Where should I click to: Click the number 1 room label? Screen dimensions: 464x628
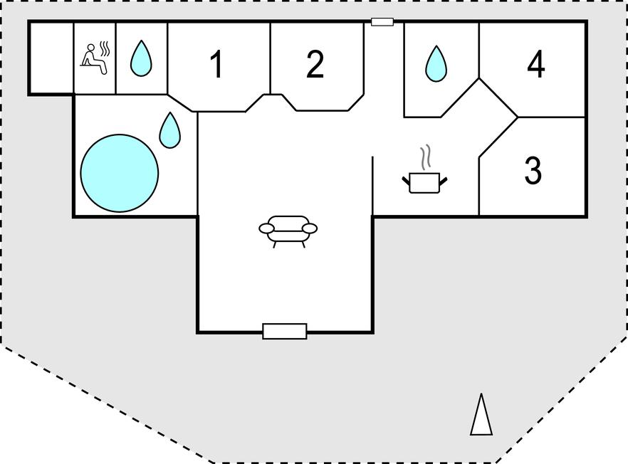coord(217,65)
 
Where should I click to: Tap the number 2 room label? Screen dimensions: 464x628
coord(315,65)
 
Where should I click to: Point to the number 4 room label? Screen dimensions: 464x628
coord(535,65)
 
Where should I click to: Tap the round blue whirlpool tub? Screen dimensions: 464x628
coord(119,173)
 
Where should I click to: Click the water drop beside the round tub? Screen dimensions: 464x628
coord(169,130)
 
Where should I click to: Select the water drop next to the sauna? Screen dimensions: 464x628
coord(141,59)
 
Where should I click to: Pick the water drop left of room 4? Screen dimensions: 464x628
coord(436,64)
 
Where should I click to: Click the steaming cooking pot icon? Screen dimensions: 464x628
coord(425,181)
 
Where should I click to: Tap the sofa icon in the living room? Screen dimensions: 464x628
coord(288,229)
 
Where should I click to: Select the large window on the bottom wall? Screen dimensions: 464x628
coord(285,331)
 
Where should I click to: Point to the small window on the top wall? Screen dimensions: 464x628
coord(382,22)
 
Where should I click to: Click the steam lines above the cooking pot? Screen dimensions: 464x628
coord(426,158)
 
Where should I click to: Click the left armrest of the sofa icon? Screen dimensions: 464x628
coord(266,228)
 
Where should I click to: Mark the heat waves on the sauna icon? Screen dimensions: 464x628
coord(105,48)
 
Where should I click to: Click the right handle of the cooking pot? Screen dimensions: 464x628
coord(444,181)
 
